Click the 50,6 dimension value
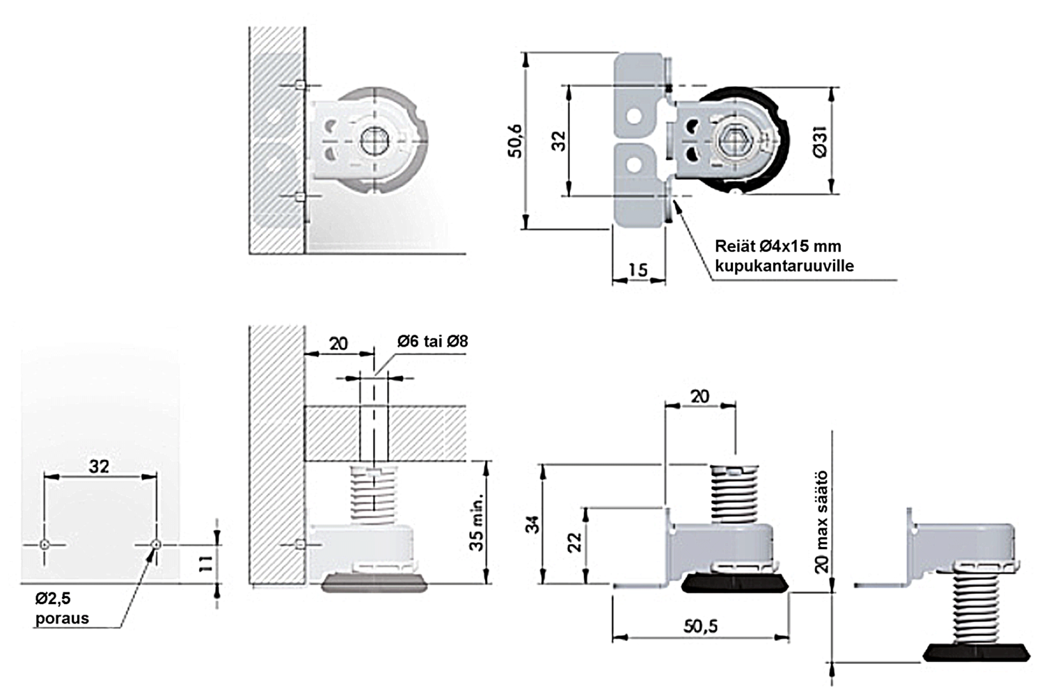coord(515,141)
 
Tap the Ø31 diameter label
coord(820,142)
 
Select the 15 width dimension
coord(638,270)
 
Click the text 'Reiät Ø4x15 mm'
coord(778,246)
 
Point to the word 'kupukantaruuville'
coord(784,266)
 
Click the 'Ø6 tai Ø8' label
coord(432,341)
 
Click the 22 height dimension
coord(575,542)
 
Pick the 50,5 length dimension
coord(700,626)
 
